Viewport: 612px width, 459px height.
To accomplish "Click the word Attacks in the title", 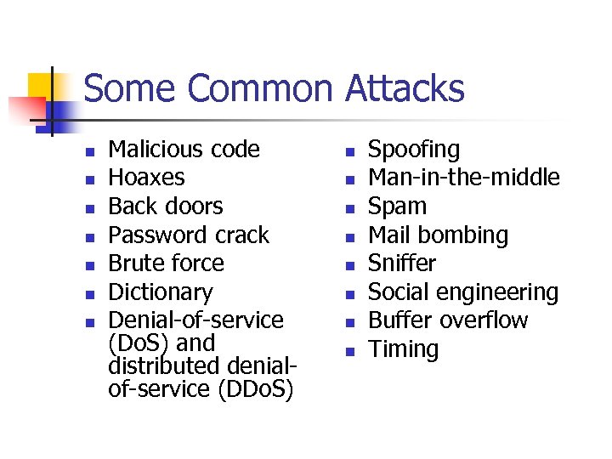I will (405, 88).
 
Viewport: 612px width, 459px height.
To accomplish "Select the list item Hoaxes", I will (147, 178).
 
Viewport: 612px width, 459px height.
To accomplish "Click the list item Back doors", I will (166, 207).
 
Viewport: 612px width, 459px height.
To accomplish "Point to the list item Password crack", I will (189, 235).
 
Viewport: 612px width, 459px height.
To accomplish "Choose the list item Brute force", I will (167, 263).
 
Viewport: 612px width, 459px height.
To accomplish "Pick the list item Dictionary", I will (161, 292).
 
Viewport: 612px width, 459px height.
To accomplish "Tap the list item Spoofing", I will (413, 150).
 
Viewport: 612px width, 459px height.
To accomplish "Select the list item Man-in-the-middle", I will (463, 178).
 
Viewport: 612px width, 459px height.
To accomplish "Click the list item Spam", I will (397, 207).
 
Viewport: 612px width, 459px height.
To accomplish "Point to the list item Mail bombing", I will (438, 235).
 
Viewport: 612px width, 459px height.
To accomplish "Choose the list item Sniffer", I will (401, 263).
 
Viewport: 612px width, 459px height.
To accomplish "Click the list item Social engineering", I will (462, 292).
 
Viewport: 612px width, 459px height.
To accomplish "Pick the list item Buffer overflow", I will (447, 320).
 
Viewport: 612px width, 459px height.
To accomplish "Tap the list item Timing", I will (403, 349).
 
